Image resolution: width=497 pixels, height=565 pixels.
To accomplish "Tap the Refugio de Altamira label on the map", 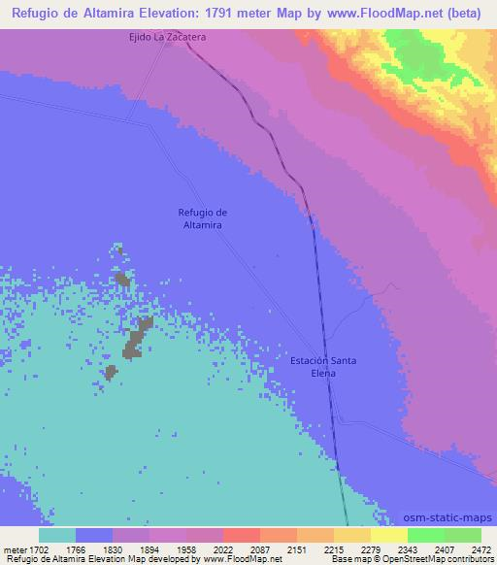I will click(x=202, y=218).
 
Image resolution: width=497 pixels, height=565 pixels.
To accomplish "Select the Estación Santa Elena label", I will click(x=324, y=367).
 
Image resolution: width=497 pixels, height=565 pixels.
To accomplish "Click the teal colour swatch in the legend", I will click(x=57, y=535).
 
